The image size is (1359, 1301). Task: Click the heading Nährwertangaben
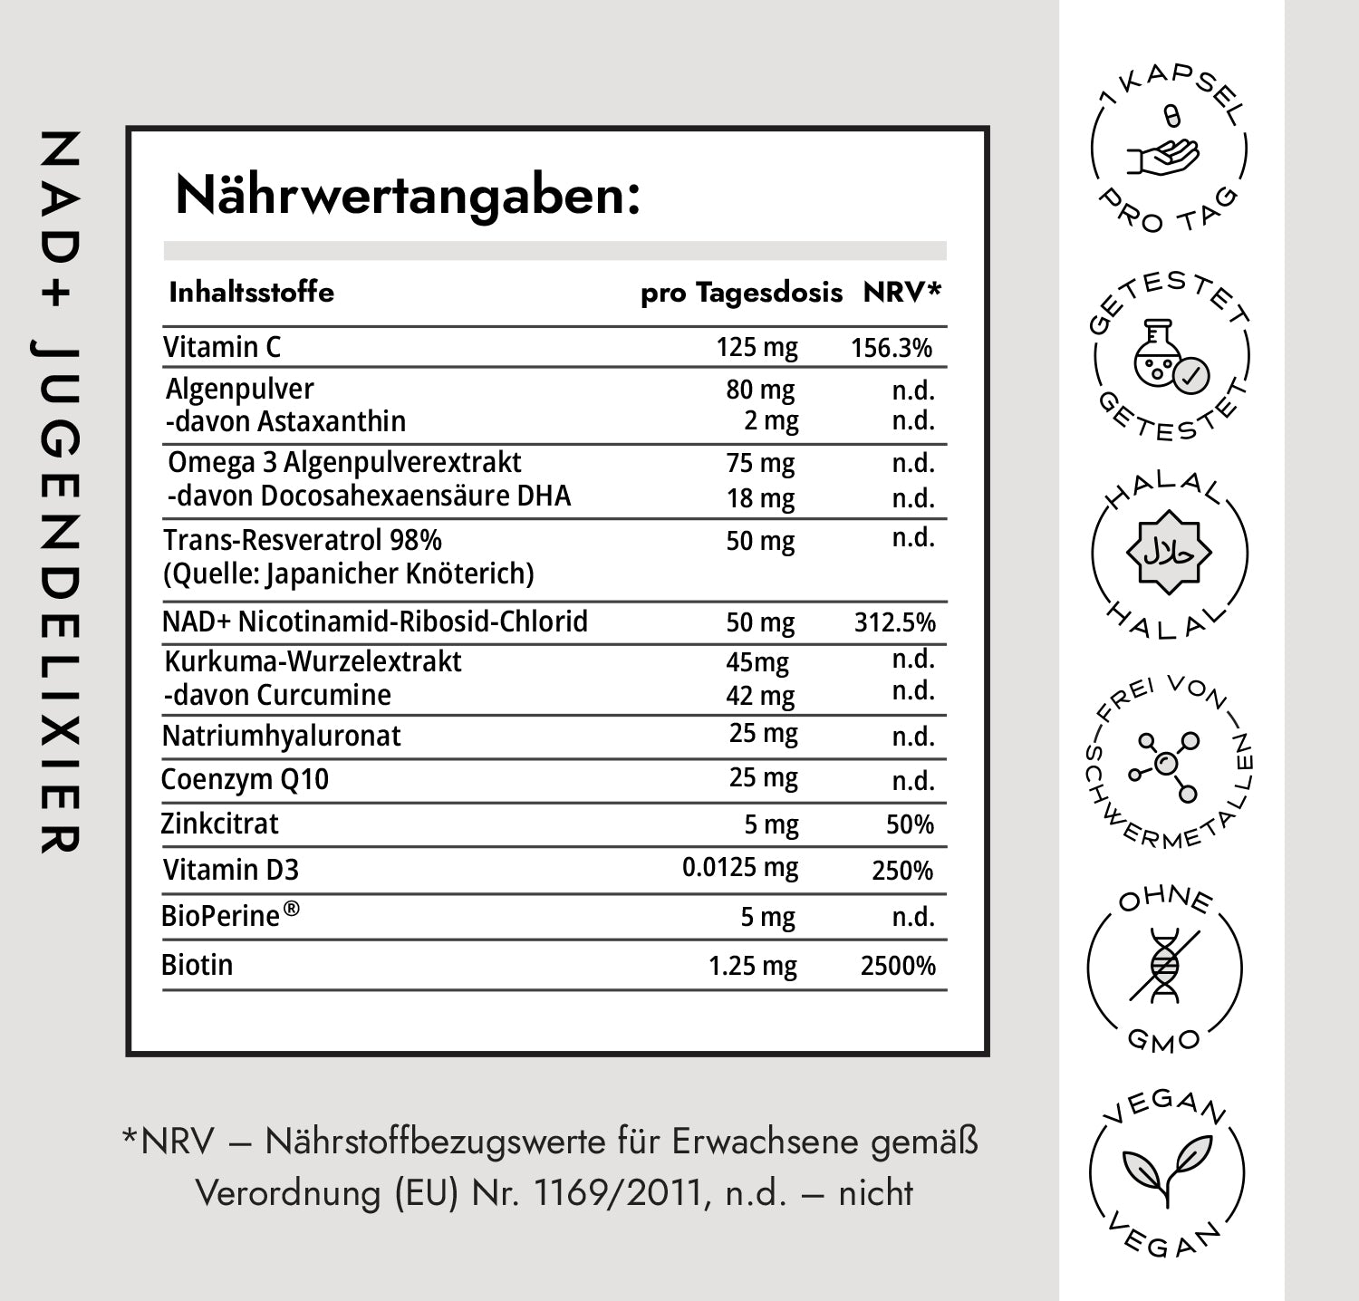(x=408, y=196)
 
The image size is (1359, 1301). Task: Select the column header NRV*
(x=902, y=292)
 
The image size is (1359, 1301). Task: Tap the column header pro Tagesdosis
(x=741, y=293)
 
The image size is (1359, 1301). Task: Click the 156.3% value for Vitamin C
(x=892, y=348)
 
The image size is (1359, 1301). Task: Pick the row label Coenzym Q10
(x=245, y=779)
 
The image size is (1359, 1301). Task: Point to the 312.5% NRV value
(x=895, y=622)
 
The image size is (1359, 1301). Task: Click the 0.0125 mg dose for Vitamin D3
(x=740, y=868)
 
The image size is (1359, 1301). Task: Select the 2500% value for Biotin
(x=898, y=966)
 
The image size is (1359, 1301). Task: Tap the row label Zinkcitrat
(x=219, y=824)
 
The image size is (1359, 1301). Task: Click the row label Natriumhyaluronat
(x=281, y=736)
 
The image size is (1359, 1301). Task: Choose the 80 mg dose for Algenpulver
(x=760, y=390)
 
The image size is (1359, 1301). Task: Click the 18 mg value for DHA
(x=760, y=498)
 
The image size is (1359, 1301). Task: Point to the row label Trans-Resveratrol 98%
(x=303, y=540)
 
